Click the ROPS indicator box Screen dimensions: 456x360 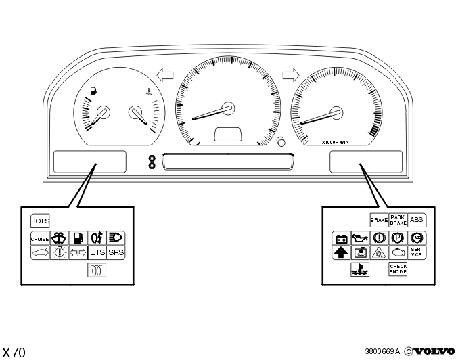point(40,221)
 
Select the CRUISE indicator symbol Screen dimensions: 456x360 point(40,239)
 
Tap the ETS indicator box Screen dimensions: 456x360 point(97,252)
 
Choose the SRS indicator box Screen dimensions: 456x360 point(116,252)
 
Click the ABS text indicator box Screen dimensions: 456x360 point(417,220)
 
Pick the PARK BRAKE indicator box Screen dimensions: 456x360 point(398,220)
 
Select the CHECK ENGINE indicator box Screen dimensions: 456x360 point(398,269)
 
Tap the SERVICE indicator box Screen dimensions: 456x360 point(417,252)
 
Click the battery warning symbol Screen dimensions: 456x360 point(341,239)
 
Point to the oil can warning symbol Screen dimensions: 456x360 point(360,238)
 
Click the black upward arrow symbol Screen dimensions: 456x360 point(341,252)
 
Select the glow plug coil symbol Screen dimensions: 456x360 point(97,270)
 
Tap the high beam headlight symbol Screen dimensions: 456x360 point(116,238)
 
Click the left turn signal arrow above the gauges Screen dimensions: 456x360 point(165,75)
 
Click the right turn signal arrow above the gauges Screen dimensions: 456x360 point(291,75)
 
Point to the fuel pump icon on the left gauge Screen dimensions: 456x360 point(93,91)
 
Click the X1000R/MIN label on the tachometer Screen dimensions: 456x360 point(335,143)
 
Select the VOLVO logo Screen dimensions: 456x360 point(434,351)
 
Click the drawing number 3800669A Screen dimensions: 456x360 point(382,351)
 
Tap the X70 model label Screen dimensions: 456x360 point(14,353)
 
